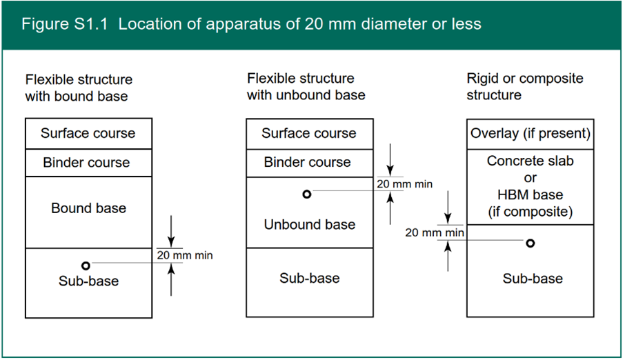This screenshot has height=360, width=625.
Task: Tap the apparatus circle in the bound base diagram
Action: pyautogui.click(x=86, y=266)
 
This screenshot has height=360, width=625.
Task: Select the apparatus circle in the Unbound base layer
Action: pyautogui.click(x=307, y=194)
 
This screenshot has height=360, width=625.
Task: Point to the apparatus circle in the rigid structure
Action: pyautogui.click(x=530, y=243)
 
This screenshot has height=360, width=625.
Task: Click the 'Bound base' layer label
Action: pyautogui.click(x=88, y=208)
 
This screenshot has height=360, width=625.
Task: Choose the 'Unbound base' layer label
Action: pyautogui.click(x=309, y=224)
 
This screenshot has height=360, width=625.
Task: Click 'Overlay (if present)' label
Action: pyautogui.click(x=530, y=133)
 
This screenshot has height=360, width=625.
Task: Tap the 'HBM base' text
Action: pyautogui.click(x=530, y=195)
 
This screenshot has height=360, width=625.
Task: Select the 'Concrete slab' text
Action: pyautogui.click(x=530, y=161)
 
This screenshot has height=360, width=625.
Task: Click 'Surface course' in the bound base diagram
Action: pyautogui.click(x=88, y=133)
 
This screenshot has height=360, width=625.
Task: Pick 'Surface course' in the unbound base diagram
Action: pyautogui.click(x=308, y=133)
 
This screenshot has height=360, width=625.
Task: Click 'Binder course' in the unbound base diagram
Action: pyautogui.click(x=307, y=163)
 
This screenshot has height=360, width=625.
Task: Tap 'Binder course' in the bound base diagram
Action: pyautogui.click(x=86, y=163)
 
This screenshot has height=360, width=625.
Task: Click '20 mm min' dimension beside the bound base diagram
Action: pyautogui.click(x=185, y=255)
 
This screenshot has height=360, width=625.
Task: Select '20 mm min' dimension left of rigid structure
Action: pyautogui.click(x=434, y=233)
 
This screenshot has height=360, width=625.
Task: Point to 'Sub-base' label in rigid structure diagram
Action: pyautogui.click(x=532, y=279)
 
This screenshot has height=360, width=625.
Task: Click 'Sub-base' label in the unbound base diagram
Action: pyautogui.click(x=309, y=278)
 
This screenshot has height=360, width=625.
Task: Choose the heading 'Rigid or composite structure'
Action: pyautogui.click(x=524, y=86)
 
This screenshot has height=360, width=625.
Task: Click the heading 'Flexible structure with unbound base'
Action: pyautogui.click(x=306, y=86)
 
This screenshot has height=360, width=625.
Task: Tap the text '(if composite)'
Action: pyautogui.click(x=530, y=212)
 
